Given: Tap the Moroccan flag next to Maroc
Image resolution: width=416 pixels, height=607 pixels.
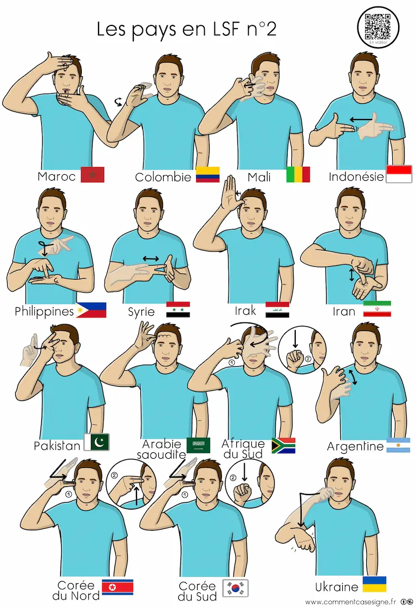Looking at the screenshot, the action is (x=92, y=175).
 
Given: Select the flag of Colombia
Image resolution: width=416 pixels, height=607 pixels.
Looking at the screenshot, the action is (x=207, y=175).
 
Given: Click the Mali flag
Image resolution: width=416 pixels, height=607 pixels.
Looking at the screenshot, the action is (x=298, y=175).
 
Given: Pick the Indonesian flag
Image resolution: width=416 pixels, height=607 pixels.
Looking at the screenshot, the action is (x=399, y=174).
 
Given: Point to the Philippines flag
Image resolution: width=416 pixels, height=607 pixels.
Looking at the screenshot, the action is (x=91, y=310).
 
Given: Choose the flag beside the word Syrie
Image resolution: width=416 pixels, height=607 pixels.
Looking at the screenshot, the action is (x=178, y=309).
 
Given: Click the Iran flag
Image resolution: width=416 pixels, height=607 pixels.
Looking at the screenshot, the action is (x=377, y=309).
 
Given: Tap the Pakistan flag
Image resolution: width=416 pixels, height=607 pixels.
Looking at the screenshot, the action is (x=97, y=442).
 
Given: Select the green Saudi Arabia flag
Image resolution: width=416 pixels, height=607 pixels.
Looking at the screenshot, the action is (x=198, y=445).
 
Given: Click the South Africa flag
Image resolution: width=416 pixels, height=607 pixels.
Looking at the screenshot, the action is (x=283, y=445).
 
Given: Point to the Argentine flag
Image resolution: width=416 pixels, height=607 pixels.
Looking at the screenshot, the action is (x=399, y=445).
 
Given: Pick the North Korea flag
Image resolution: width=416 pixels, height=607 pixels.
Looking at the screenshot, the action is (x=118, y=587).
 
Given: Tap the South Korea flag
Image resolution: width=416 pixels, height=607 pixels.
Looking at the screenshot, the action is (x=235, y=588).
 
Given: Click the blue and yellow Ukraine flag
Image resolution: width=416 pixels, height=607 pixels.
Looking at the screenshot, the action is (x=374, y=584).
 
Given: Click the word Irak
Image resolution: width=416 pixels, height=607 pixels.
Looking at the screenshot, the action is (x=245, y=311).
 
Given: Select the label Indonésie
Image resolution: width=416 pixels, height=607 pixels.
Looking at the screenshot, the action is (x=356, y=177).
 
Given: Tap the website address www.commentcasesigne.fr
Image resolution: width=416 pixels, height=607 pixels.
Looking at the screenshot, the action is (x=350, y=602).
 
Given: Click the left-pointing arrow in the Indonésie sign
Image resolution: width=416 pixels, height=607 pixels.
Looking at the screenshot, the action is (x=360, y=120).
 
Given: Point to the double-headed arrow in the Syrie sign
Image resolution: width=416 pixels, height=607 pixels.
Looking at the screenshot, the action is (x=151, y=259).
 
